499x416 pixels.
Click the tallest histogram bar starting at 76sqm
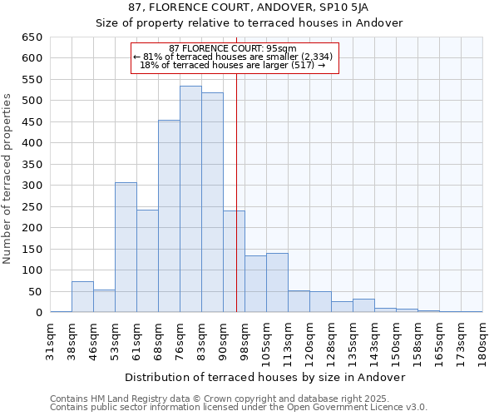tap(190, 200)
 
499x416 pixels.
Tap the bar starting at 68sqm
tap(169, 216)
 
